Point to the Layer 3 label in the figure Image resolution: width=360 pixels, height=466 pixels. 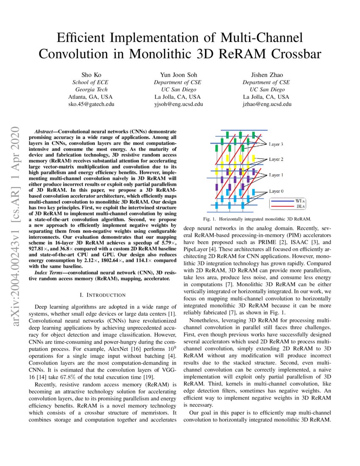(x=276, y=144)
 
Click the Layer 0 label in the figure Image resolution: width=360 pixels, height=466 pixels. (x=276, y=191)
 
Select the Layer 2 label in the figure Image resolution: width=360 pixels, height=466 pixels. (x=276, y=160)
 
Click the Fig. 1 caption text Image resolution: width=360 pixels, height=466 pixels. (x=257, y=219)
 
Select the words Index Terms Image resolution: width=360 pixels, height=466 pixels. (x=48, y=273)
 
